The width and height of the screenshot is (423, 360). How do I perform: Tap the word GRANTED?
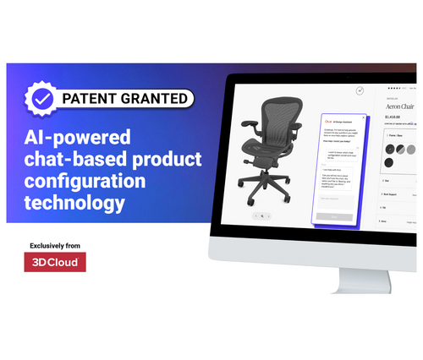(154, 99)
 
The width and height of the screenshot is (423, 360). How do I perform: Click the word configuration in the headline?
(83, 181)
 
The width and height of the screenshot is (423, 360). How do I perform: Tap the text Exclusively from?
(56, 245)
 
